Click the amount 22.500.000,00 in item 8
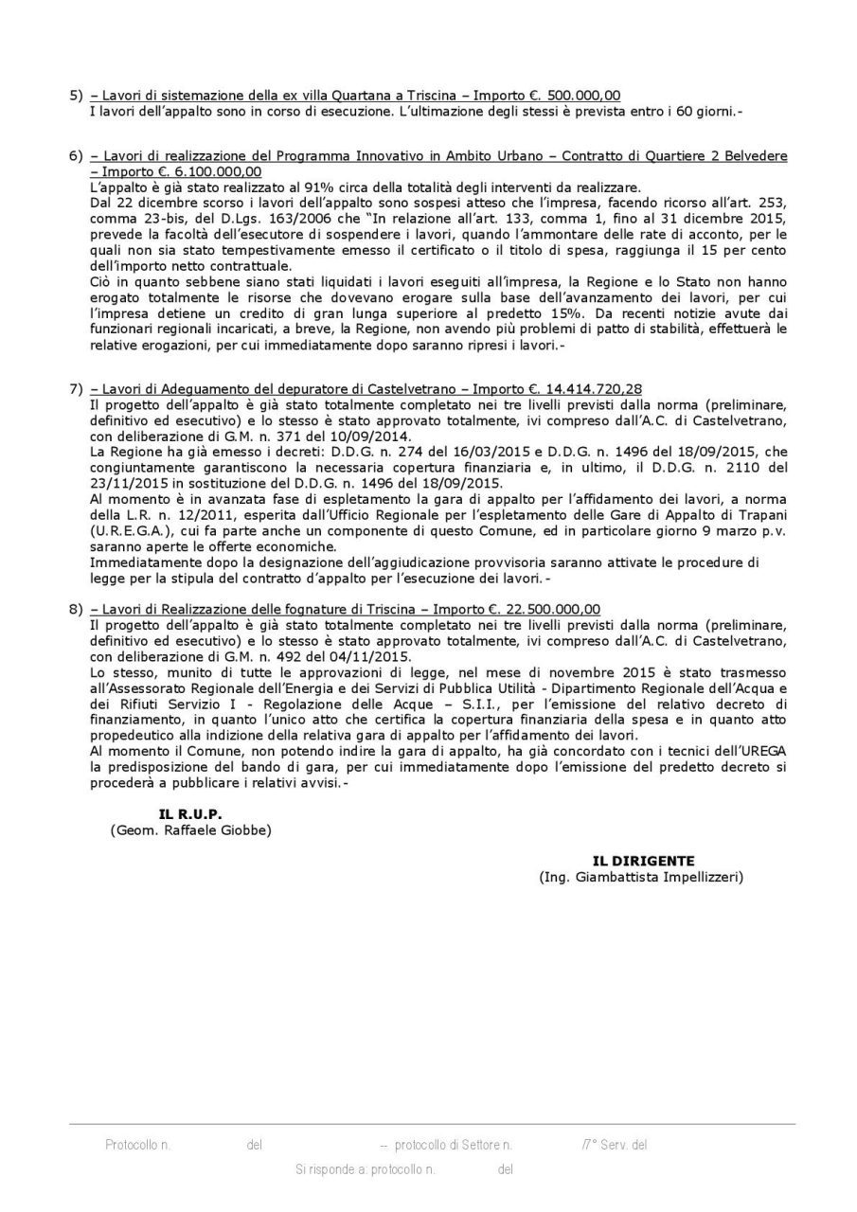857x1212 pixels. (x=549, y=609)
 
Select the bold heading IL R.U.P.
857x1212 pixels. (x=190, y=814)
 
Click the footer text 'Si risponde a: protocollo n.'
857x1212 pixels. (x=365, y=1169)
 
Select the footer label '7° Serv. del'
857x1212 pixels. (x=615, y=1145)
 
